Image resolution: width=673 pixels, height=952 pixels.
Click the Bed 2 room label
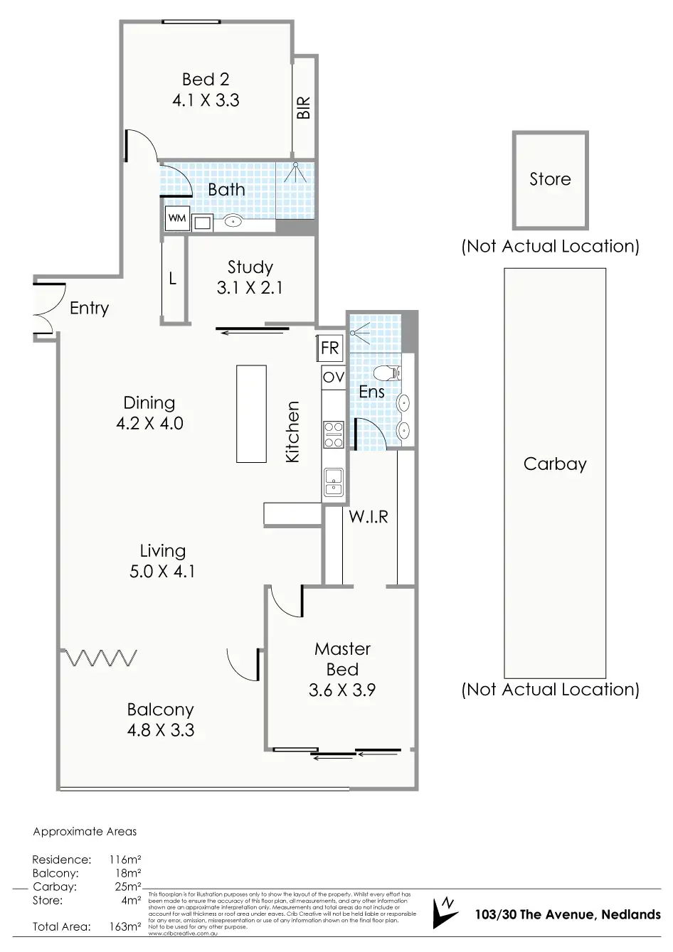point(206,80)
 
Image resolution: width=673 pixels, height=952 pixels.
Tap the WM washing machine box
point(176,218)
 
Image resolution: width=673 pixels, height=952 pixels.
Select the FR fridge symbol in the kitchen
point(330,348)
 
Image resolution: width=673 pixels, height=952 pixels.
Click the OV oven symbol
point(333,378)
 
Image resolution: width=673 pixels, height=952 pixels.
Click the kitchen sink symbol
point(333,481)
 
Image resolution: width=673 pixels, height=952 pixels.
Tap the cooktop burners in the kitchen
point(333,434)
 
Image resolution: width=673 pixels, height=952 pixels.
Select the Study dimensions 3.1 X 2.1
point(250,288)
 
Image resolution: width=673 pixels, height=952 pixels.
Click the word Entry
point(90,309)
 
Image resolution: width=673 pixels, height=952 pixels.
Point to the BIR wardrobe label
point(304,108)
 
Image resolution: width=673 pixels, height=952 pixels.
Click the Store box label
point(550,179)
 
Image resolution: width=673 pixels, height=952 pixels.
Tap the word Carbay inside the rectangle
point(555,464)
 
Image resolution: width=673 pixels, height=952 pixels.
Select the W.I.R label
point(369,517)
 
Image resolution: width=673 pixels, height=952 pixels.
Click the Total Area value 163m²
point(124,927)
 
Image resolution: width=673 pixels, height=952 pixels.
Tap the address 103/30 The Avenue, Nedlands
point(568,914)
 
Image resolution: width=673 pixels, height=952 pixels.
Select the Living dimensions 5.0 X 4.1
point(162,571)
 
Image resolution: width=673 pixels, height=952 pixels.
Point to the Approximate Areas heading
point(85,831)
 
